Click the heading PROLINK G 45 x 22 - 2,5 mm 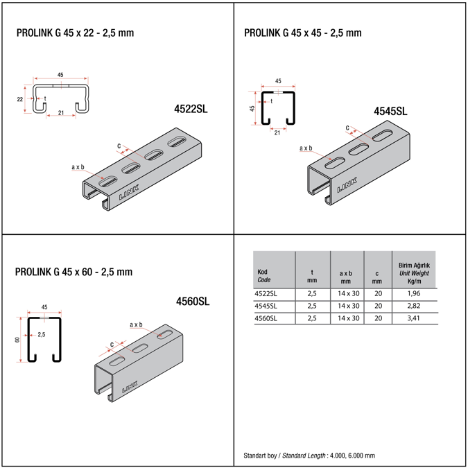pyautogui.click(x=74, y=33)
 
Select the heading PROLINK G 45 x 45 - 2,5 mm pyautogui.click(x=303, y=33)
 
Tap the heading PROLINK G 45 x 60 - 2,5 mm pyautogui.click(x=73, y=272)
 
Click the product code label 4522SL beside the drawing pyautogui.click(x=191, y=109)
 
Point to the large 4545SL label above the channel pyautogui.click(x=390, y=111)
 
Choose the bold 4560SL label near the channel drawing pyautogui.click(x=193, y=301)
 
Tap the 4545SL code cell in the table pyautogui.click(x=267, y=306)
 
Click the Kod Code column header pyautogui.click(x=264, y=276)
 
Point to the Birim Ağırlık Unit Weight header pyautogui.click(x=414, y=273)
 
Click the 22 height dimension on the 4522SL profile pyautogui.click(x=20, y=99)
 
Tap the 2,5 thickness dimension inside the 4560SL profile pyautogui.click(x=42, y=334)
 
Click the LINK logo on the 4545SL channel pyautogui.click(x=347, y=184)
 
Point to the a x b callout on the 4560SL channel pyautogui.click(x=136, y=324)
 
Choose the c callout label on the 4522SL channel pyautogui.click(x=119, y=145)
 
